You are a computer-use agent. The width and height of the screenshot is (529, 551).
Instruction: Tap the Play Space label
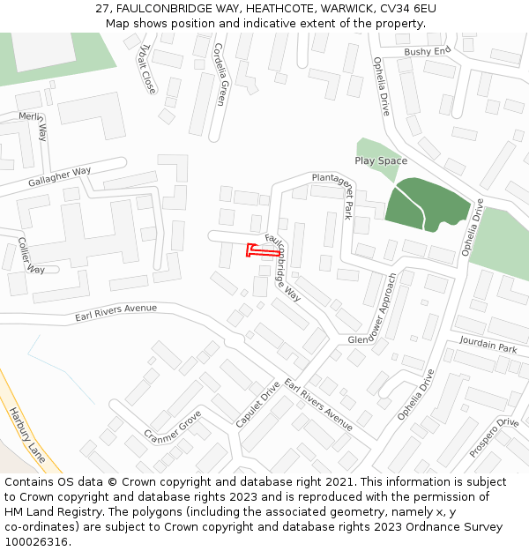pos(381,161)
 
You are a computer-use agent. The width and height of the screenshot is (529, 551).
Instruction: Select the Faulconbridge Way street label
pos(283,268)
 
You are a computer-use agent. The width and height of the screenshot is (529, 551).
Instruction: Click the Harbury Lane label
pos(26,435)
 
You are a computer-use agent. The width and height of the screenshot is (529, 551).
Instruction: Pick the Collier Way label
pos(31,257)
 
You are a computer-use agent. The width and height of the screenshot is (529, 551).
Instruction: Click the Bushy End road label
pos(427,52)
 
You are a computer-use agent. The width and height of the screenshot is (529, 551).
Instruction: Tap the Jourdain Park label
pos(488,347)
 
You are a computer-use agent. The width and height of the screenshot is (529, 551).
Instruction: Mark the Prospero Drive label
pos(494,436)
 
